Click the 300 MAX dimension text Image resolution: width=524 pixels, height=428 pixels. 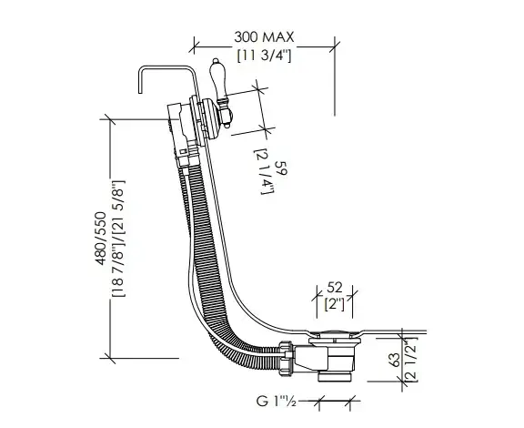[x=264, y=37]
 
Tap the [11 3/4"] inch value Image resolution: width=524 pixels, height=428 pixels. [x=264, y=56]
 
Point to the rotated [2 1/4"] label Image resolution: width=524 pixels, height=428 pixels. [x=264, y=172]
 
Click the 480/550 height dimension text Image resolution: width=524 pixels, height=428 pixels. [x=101, y=239]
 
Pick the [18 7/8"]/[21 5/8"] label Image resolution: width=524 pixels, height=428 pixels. [x=118, y=239]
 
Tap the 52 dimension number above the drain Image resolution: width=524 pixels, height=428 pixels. [x=335, y=288]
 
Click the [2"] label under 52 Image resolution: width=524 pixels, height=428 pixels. [x=335, y=303]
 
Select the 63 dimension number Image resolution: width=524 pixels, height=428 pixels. [x=396, y=360]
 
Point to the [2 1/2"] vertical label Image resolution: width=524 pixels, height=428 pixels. [x=411, y=359]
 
